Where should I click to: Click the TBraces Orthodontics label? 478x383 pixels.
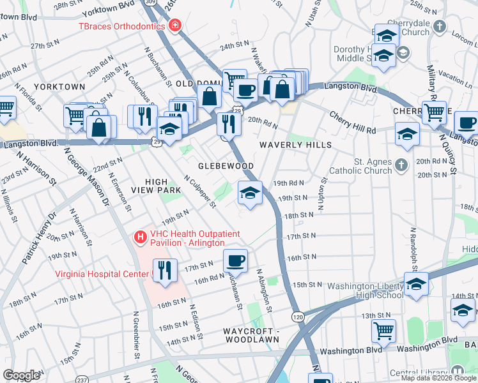(122, 26)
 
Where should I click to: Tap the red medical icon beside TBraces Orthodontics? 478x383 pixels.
(175, 26)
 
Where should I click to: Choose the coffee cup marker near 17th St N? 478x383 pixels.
(235, 260)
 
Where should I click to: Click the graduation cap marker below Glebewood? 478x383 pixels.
(250, 193)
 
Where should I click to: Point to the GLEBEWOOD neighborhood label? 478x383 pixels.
(226, 166)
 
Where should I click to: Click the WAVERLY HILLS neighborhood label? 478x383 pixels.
(295, 145)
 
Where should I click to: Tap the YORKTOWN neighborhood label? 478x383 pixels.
(59, 86)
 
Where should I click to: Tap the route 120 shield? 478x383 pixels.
(297, 317)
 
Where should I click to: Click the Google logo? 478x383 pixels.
(21, 375)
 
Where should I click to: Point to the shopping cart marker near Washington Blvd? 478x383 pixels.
(383, 331)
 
